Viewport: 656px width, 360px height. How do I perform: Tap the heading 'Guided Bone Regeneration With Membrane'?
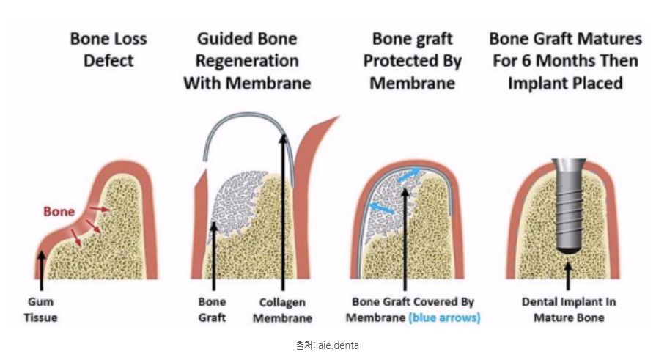click(x=247, y=60)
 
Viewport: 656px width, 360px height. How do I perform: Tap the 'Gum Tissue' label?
click(x=42, y=310)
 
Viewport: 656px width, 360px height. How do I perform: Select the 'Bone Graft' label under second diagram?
click(x=213, y=310)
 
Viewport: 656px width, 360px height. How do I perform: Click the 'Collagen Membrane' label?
click(x=286, y=310)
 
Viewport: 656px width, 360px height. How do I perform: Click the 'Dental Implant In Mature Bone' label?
click(x=569, y=310)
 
